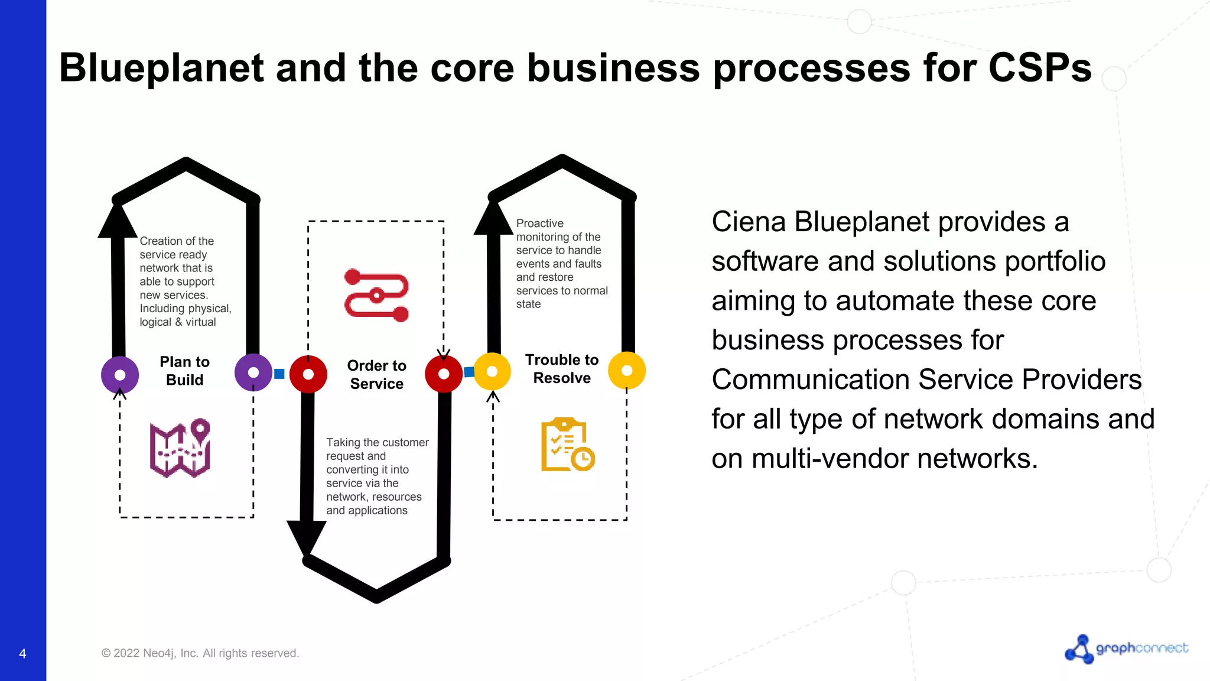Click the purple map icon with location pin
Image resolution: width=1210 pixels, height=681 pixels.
180,448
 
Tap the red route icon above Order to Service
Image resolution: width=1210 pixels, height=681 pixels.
376,295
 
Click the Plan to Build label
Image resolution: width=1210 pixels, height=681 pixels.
184,371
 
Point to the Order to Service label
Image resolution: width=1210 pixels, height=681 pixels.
376,374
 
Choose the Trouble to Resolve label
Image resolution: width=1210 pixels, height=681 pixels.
562,369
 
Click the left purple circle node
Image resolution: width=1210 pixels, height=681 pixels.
120,375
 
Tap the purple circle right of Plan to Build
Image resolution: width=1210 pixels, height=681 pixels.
253,372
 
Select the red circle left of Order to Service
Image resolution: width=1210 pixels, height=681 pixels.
308,374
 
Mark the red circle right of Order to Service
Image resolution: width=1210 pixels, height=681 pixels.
444,374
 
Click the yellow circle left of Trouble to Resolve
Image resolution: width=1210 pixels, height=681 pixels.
492,371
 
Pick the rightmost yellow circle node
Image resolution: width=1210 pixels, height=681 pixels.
627,371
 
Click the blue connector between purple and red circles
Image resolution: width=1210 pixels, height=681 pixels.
279,374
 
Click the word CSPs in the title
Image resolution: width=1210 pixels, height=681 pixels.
1039,67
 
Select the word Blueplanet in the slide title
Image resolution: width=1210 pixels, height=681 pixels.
161,67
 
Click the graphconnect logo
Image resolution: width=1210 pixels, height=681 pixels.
1126,648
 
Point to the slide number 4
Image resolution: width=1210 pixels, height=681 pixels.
22,654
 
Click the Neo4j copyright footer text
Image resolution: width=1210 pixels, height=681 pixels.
200,653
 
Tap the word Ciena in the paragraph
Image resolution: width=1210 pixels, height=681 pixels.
748,222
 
